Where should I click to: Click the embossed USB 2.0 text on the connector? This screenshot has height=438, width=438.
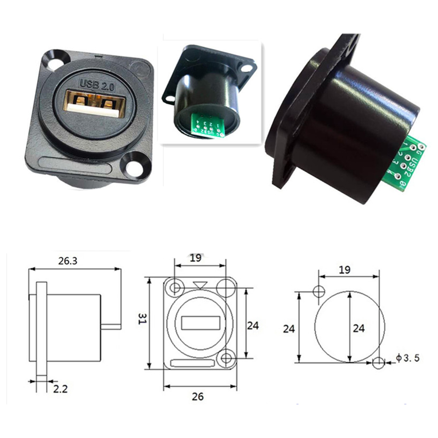coord(96,83)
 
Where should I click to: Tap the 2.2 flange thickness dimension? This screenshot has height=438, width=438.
coord(60,389)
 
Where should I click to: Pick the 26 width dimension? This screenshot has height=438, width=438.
coord(198,396)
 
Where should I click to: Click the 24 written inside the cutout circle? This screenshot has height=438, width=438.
coord(358,328)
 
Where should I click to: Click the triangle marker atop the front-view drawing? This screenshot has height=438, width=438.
coord(201,285)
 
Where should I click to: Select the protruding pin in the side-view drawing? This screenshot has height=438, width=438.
coord(110,326)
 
